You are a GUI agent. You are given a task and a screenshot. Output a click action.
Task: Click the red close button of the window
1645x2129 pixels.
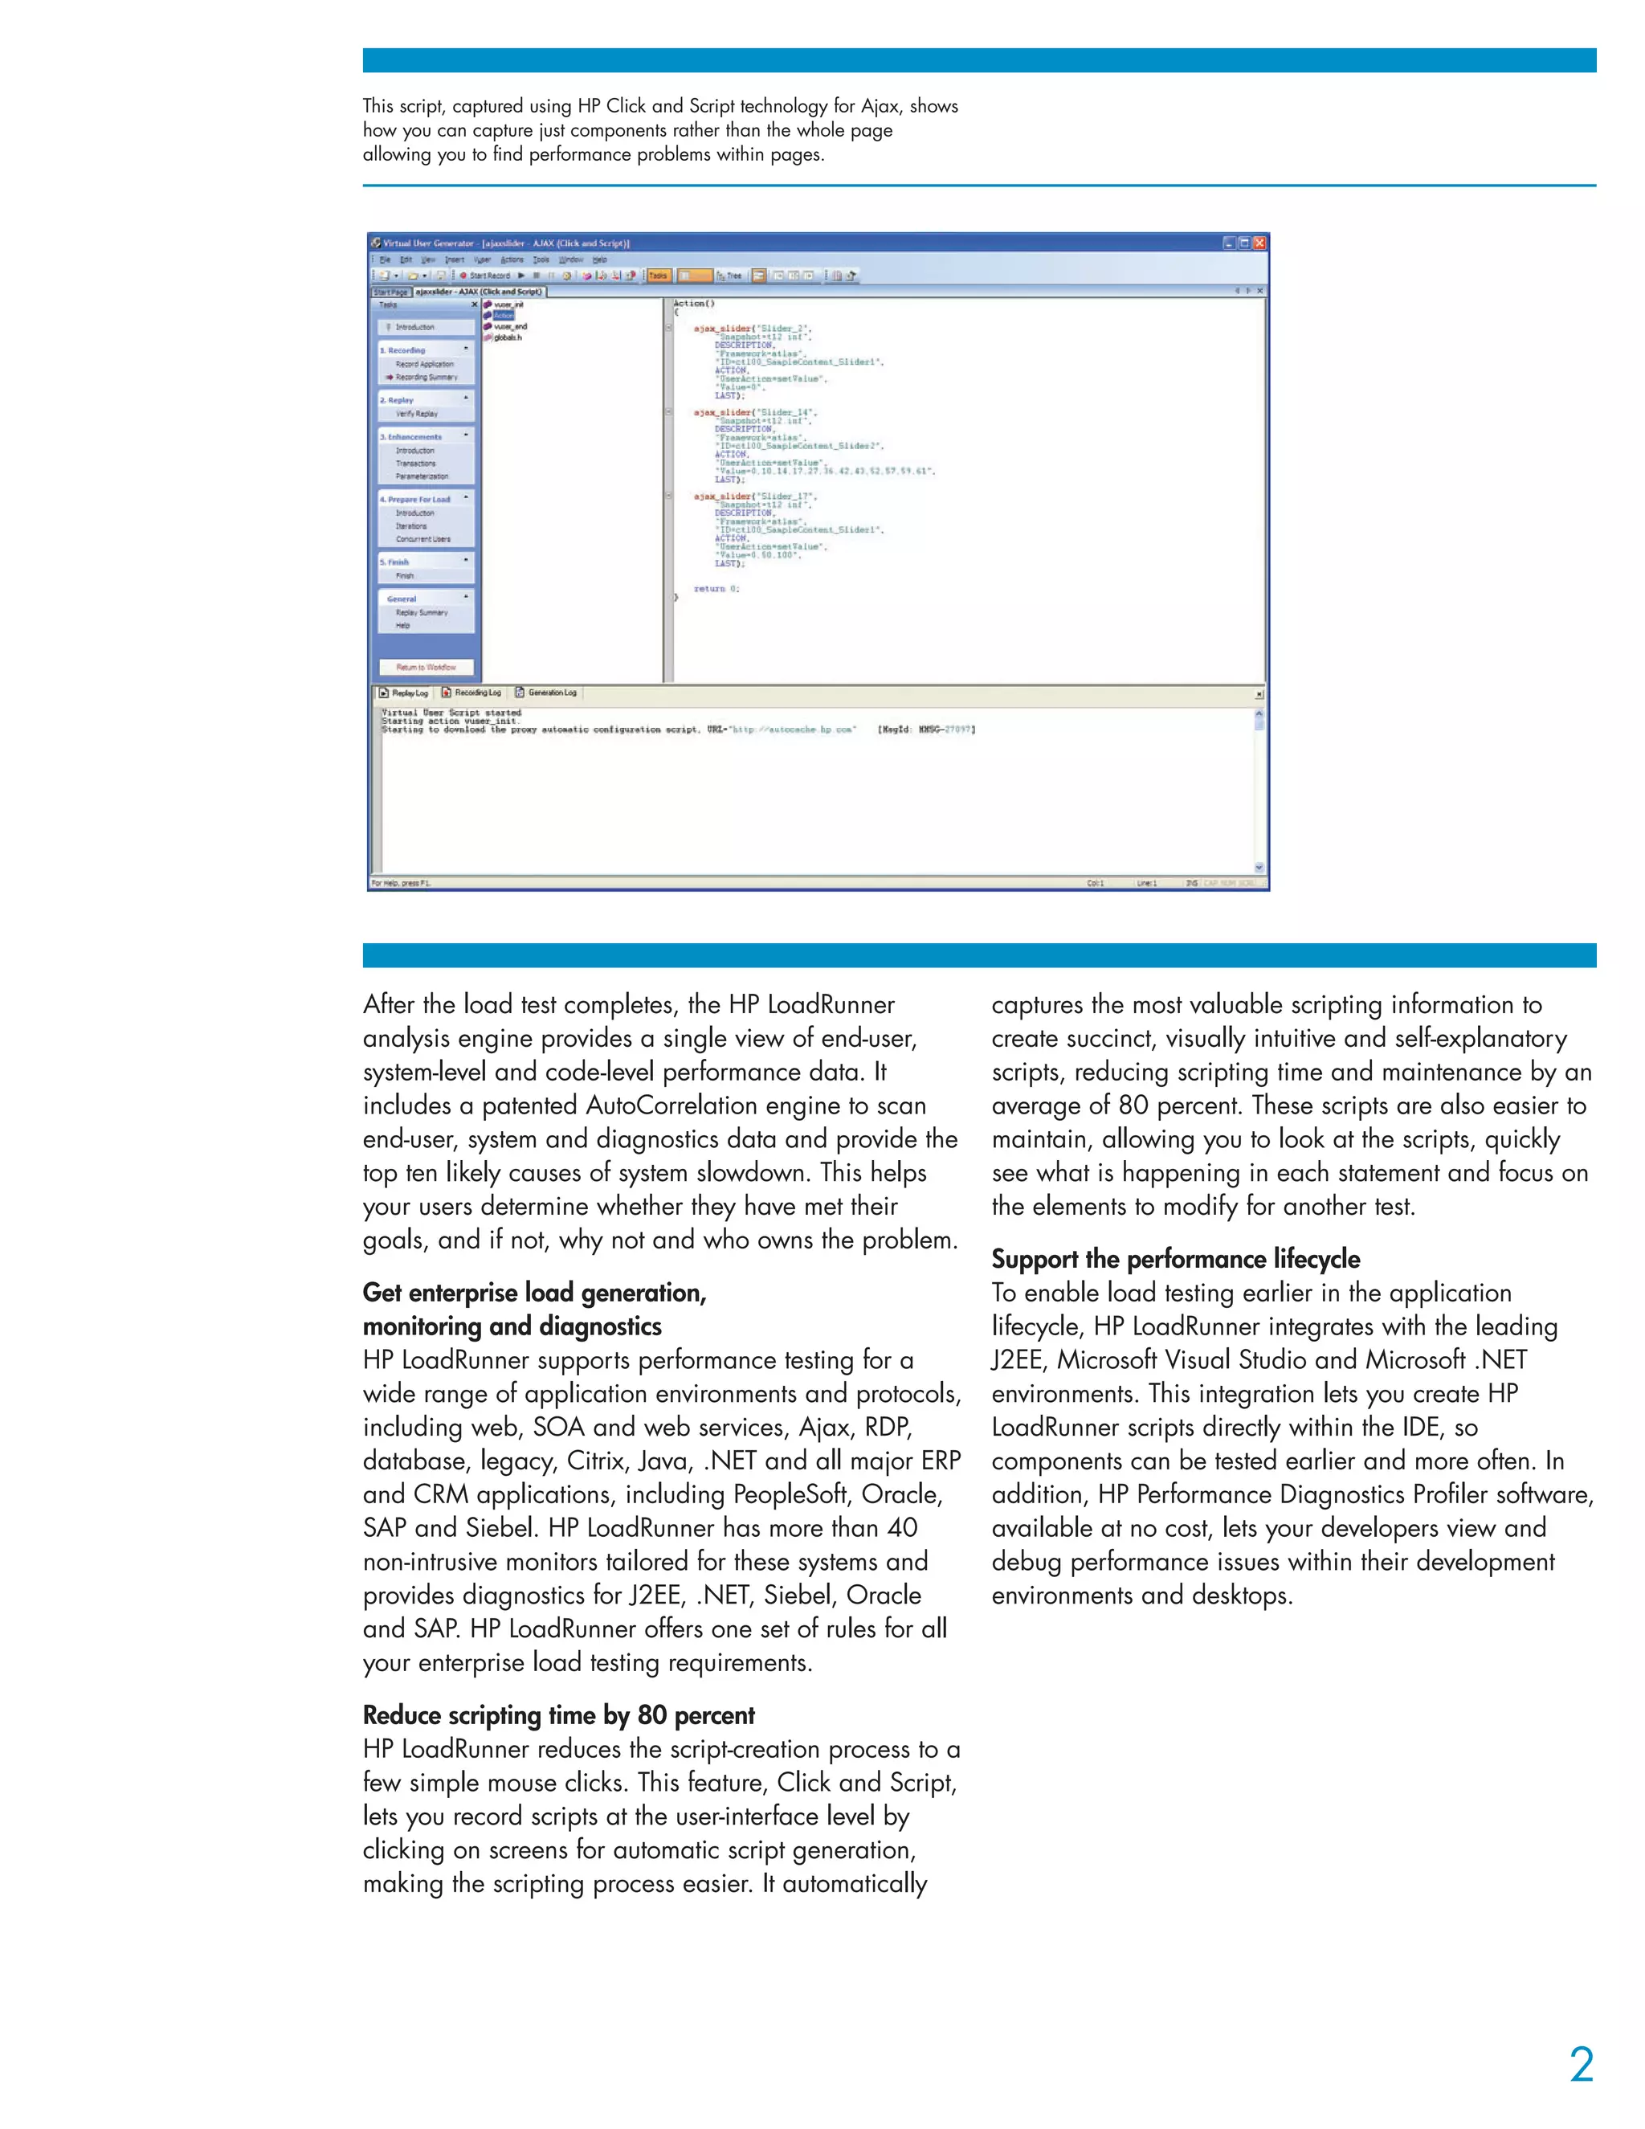[1259, 243]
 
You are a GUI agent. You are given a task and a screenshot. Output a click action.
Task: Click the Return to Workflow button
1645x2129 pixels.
[426, 667]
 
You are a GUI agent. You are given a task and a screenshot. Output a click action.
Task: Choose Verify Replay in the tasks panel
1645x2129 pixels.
[416, 413]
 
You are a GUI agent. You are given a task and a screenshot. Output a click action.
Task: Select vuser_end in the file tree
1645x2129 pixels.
[510, 326]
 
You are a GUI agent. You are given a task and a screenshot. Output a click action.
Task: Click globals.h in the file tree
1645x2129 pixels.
[508, 337]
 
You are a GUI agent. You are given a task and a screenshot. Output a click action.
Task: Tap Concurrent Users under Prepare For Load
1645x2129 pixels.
[423, 539]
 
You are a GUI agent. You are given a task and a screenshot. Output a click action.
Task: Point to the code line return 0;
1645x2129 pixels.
[716, 589]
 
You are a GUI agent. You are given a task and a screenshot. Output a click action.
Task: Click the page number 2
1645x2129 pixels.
[1581, 2065]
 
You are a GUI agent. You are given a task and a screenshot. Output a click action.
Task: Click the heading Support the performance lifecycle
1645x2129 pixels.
[1175, 1258]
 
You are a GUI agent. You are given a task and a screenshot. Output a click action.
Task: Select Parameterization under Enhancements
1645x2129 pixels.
[422, 476]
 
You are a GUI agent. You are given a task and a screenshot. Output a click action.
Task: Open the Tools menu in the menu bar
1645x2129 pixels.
[541, 259]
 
